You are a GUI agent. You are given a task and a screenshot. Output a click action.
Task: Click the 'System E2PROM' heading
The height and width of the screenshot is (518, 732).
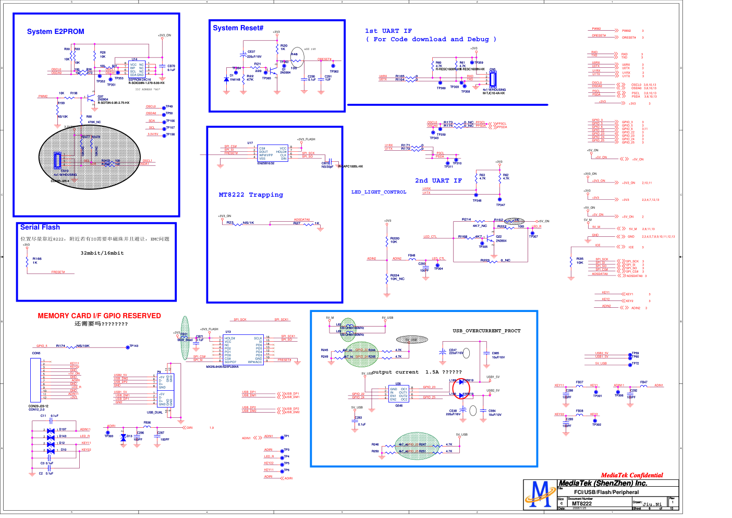click(x=55, y=32)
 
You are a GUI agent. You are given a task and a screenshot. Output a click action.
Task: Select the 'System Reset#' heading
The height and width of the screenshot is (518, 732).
click(x=238, y=28)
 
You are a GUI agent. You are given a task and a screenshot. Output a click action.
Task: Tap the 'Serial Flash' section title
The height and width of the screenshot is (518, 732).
click(x=40, y=227)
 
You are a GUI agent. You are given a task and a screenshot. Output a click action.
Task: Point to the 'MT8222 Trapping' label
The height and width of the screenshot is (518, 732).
click(x=251, y=195)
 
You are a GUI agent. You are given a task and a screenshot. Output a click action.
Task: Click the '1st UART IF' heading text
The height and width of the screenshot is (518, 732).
click(x=388, y=31)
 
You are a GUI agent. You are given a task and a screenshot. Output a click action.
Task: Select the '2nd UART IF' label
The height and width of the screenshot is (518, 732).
click(x=438, y=180)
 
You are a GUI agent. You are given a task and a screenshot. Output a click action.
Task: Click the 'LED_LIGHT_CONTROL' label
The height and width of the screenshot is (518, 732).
click(x=379, y=192)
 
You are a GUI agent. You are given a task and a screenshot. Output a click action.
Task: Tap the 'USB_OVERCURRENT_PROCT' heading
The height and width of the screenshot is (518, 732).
click(x=486, y=331)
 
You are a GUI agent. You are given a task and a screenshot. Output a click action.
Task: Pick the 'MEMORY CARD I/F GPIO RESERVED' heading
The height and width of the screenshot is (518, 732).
click(x=99, y=316)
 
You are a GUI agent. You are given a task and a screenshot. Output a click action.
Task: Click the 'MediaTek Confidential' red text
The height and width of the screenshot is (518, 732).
click(x=631, y=475)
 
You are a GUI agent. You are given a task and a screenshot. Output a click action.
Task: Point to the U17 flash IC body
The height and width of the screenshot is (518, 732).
click(x=273, y=153)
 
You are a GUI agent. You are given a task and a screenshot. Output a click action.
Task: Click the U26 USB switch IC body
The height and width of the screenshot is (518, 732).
click(x=399, y=394)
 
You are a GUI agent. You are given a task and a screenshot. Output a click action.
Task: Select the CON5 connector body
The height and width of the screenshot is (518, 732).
click(x=35, y=380)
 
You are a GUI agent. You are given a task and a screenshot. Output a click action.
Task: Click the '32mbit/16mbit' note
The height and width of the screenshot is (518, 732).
click(x=102, y=253)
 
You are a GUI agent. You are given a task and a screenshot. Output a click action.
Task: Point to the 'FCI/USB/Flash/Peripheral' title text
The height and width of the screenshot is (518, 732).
click(x=606, y=492)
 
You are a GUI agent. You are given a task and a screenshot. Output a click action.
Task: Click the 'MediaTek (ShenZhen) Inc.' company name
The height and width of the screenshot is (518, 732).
click(x=603, y=484)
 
